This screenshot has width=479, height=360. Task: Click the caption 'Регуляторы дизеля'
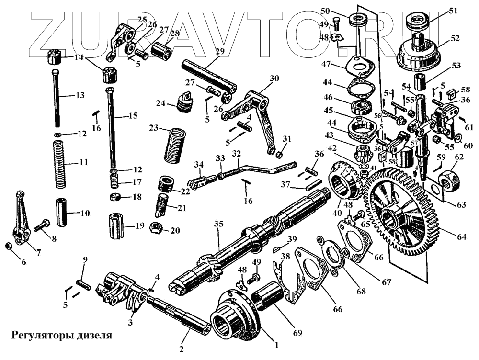coord(62,335)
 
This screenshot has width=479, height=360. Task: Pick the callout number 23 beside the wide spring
coord(153,129)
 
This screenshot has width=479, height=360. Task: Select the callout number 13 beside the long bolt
coord(80,96)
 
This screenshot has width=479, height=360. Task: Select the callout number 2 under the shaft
coord(182,349)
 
